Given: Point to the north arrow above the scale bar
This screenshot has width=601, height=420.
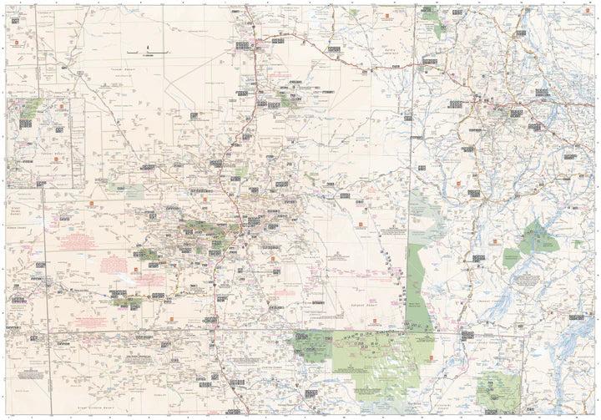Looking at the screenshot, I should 147,47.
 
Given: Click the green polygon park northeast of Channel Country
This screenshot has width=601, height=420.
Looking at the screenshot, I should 534,242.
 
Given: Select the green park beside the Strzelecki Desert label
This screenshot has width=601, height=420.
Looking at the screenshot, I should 498,388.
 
